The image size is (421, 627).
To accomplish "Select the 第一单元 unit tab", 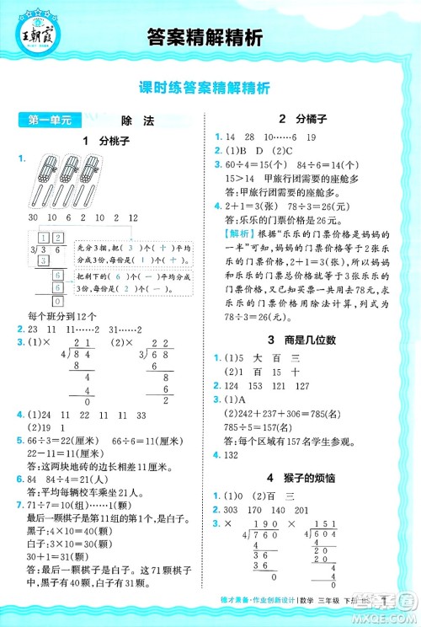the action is click(x=42, y=121).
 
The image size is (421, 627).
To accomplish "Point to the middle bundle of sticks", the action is click(x=67, y=174).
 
